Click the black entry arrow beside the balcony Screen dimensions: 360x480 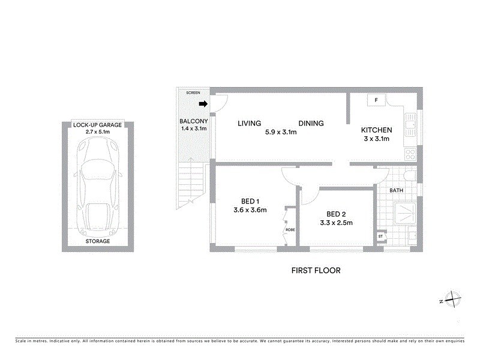pos(203,104)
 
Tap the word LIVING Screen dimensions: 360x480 pos(249,124)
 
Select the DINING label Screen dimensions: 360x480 pos(311,124)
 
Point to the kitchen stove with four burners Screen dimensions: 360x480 pos(411,154)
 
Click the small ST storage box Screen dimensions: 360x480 pos(380,237)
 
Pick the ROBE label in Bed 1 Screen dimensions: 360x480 pos(290,229)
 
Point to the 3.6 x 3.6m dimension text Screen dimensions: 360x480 pos(250,210)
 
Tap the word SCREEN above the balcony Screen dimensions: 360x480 pos(193,93)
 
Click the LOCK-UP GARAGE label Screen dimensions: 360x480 pos(97,125)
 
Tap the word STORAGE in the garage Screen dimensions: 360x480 pos(97,241)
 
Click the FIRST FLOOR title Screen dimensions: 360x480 pos(316,271)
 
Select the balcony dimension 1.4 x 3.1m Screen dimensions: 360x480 pos(193,128)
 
